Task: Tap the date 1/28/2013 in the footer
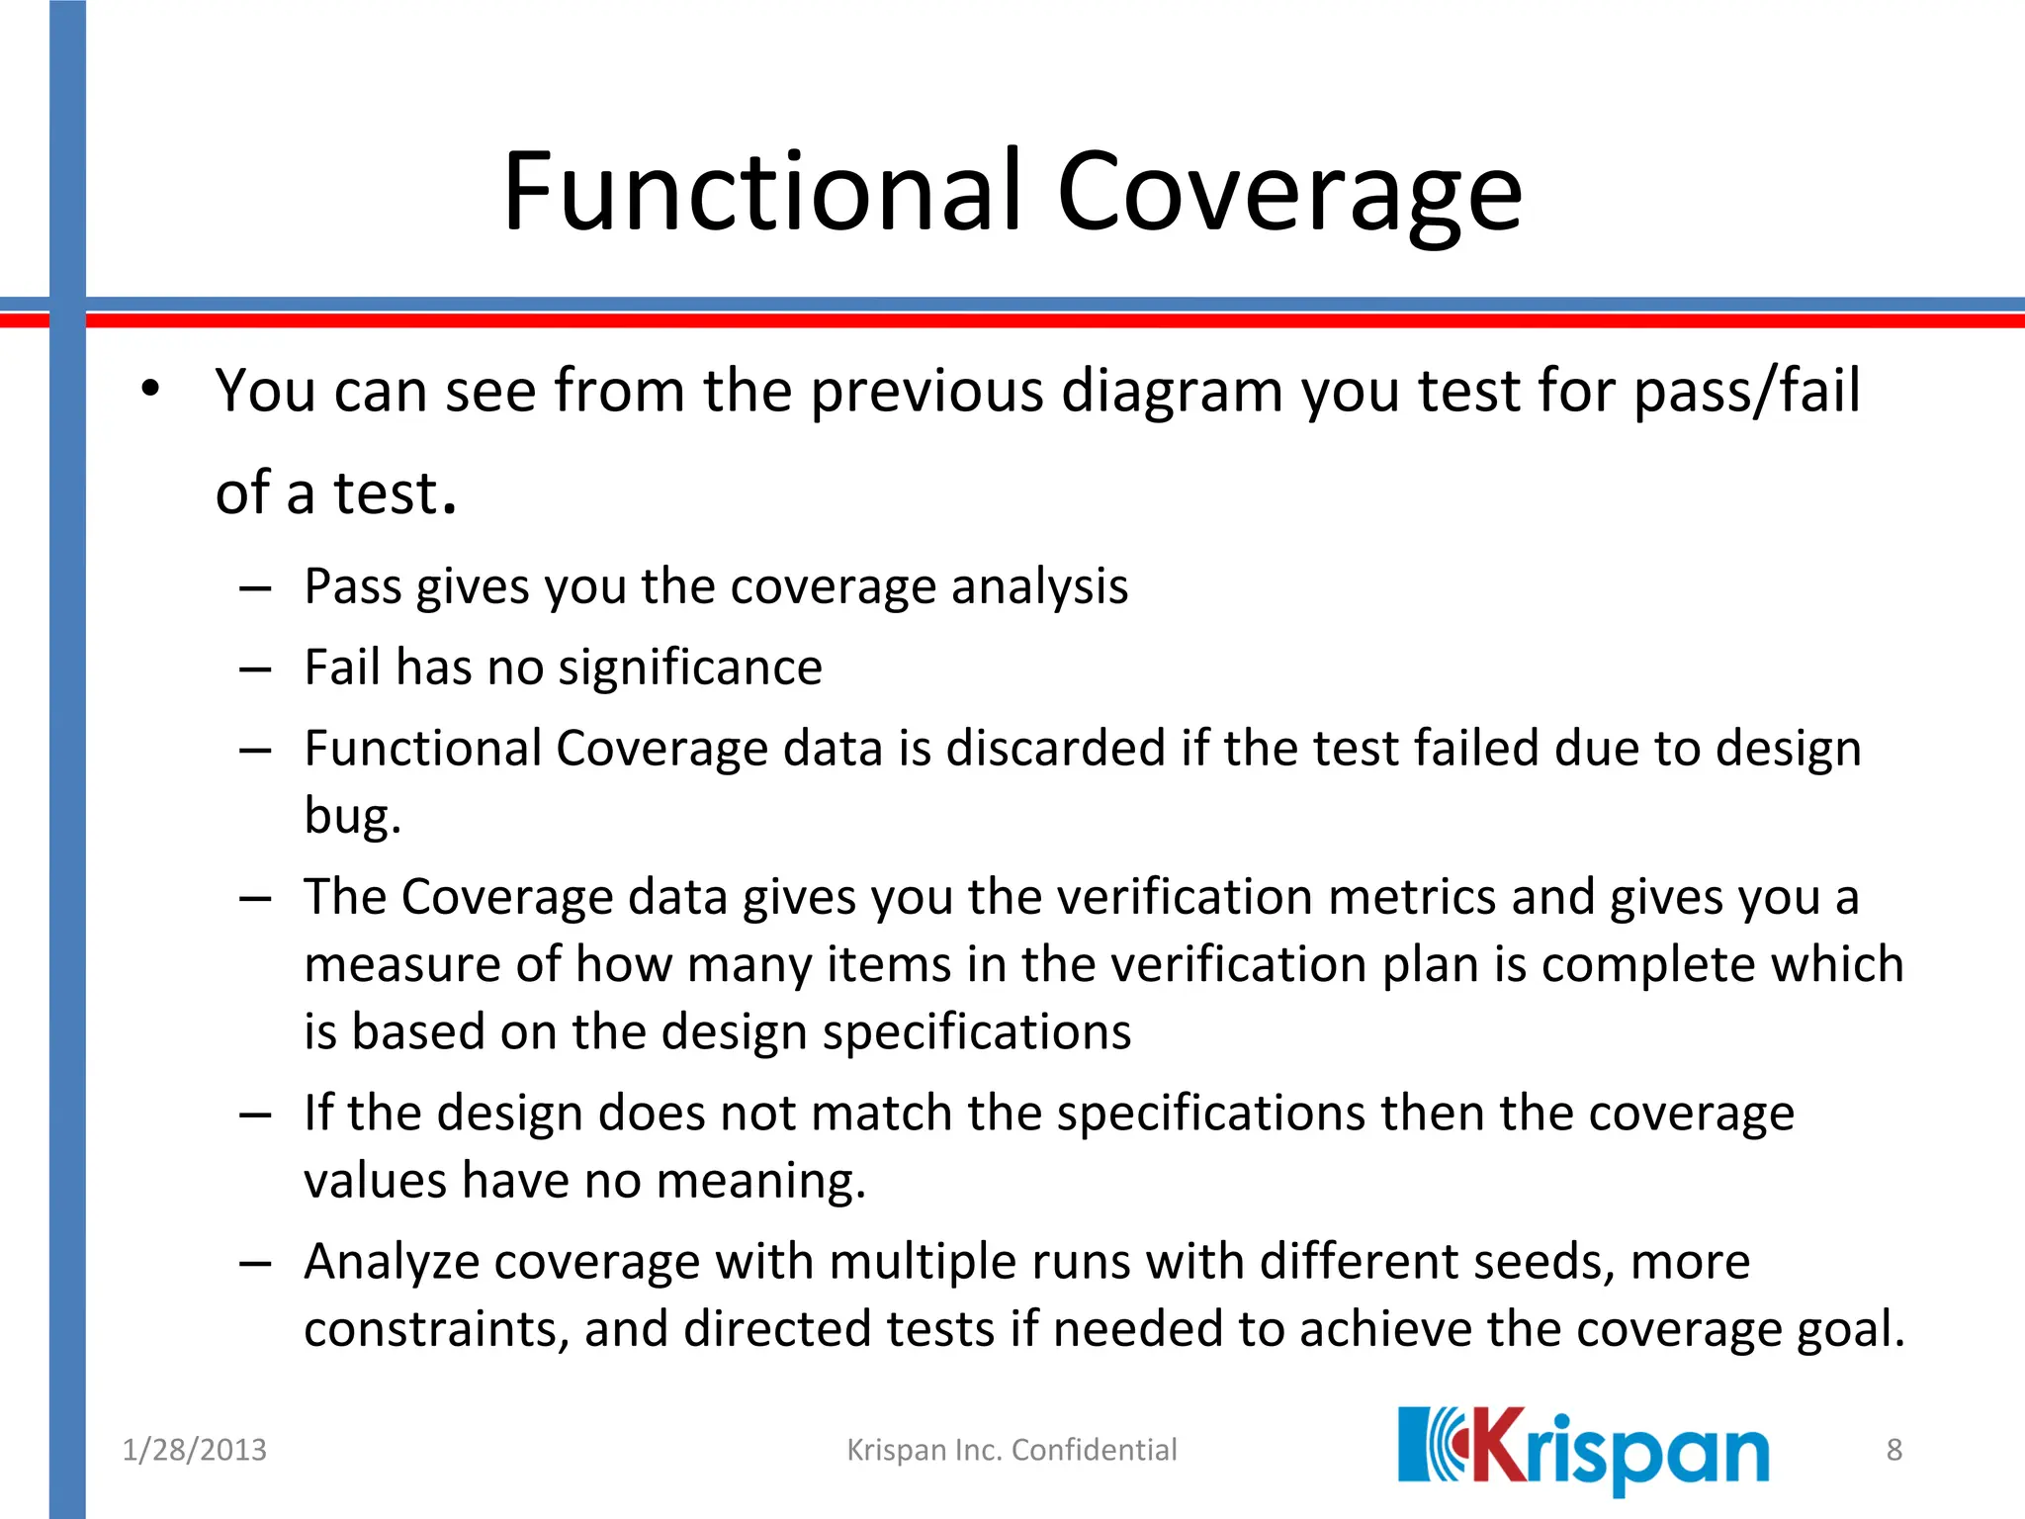194,1450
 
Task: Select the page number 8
1893,1450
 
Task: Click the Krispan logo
1582,1450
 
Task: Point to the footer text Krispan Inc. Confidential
1012,1450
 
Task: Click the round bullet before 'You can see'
149,389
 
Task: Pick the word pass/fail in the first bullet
1746,391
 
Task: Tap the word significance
689,668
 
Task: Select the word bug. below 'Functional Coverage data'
352,816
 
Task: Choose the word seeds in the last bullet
1542,1262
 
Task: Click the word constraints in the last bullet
436,1329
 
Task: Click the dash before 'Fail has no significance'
255,670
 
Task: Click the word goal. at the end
1850,1329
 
